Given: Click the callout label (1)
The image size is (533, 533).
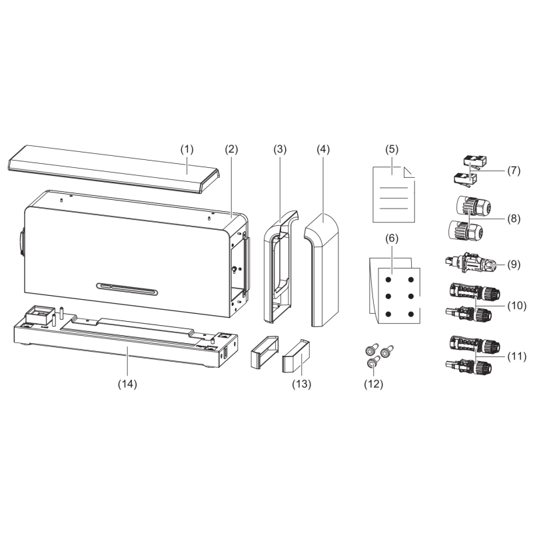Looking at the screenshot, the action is [187, 149].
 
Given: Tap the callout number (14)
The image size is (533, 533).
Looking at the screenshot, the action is [127, 384].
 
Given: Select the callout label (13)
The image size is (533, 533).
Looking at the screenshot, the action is [302, 384].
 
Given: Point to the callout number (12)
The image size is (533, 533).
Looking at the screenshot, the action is [373, 384].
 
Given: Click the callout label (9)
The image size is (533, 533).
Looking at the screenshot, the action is [514, 264].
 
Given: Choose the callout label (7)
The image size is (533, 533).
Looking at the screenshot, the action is [514, 171].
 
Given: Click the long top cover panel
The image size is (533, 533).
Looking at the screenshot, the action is [114, 169].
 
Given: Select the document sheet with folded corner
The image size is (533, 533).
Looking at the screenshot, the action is [394, 195].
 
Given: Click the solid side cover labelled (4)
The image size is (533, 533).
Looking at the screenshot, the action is [322, 270].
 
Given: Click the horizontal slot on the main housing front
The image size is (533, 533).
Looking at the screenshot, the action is [127, 288].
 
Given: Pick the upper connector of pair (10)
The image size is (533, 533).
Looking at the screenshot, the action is [475, 290].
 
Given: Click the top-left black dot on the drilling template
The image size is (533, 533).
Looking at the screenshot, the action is [388, 280].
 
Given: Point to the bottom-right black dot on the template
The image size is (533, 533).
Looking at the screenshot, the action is [411, 314].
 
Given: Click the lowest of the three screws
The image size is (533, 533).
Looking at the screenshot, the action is [373, 362].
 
